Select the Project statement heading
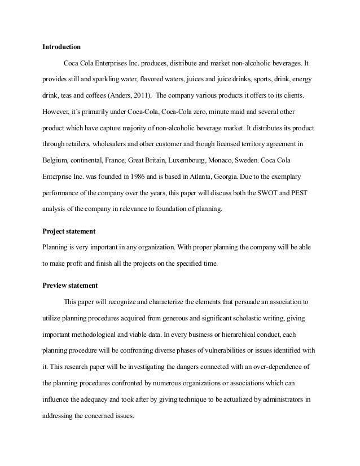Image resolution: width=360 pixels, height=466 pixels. tap(69, 231)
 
